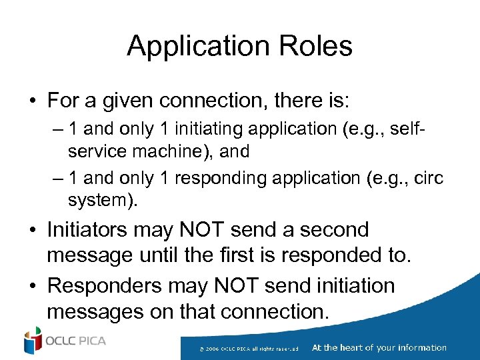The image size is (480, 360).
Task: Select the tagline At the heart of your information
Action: tap(379, 347)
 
